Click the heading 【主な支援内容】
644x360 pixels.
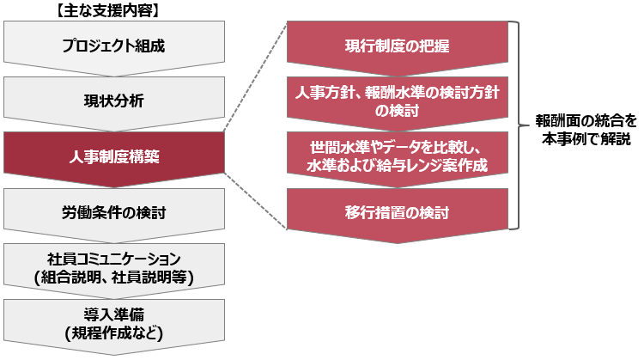107,11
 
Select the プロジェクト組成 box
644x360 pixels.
114,46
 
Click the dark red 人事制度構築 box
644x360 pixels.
114,157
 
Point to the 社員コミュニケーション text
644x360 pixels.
114,259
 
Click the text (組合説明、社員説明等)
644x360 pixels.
114,278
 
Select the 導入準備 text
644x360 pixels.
114,314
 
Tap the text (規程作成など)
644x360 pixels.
114,333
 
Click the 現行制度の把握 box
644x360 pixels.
398,46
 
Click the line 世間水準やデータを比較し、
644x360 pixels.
396,147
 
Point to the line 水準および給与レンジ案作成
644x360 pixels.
398,166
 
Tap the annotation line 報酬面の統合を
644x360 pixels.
586,121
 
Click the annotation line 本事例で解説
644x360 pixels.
586,139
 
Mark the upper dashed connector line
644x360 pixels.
256,76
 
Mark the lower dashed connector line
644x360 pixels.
256,200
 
